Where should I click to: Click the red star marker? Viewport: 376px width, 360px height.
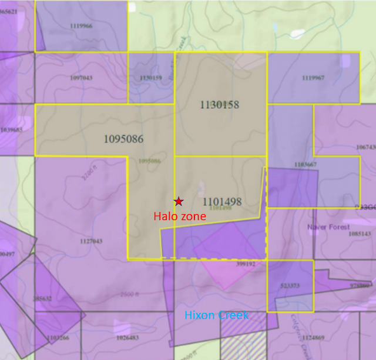point(179,201)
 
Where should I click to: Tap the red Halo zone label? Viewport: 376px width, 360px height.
point(180,216)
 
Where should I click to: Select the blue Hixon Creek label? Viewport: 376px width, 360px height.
point(216,315)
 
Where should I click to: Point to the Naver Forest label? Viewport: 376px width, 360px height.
point(328,227)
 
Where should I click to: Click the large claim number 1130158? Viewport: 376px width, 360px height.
point(219,105)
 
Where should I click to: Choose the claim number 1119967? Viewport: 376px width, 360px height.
point(313,78)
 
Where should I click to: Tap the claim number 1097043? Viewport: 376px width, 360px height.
point(81,78)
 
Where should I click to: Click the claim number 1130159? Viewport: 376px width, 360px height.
point(150,78)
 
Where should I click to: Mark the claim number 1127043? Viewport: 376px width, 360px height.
point(90,241)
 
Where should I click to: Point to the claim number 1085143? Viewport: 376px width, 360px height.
point(360,234)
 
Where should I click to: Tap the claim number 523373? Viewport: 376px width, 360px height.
point(290,286)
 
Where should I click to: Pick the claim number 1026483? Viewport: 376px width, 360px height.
point(127,338)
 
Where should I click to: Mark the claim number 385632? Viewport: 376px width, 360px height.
point(42,298)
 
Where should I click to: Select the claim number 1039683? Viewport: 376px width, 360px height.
point(12,129)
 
